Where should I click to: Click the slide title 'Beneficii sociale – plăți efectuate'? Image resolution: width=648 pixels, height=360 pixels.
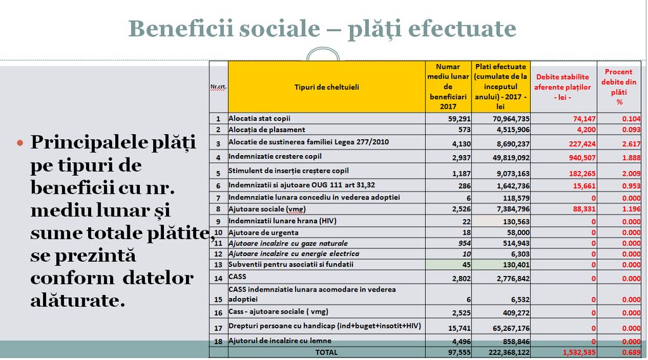tap(322, 29)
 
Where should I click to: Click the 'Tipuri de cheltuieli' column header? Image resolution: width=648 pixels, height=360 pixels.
tap(326, 87)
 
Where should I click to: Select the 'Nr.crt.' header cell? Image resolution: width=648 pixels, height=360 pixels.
tap(218, 87)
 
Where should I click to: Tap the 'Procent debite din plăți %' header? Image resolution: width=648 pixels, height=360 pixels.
tap(618, 87)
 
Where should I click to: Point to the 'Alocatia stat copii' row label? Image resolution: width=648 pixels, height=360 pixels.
tap(259, 118)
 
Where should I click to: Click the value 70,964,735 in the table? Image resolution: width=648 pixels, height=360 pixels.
tap(510, 119)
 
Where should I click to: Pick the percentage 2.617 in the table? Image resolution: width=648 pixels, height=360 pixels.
tap(630, 144)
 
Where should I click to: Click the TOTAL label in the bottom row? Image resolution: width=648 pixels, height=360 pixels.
tap(327, 352)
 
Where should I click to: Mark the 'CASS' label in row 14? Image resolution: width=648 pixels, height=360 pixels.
tap(237, 276)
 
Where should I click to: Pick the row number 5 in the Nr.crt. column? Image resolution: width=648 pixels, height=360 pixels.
tap(218, 173)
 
